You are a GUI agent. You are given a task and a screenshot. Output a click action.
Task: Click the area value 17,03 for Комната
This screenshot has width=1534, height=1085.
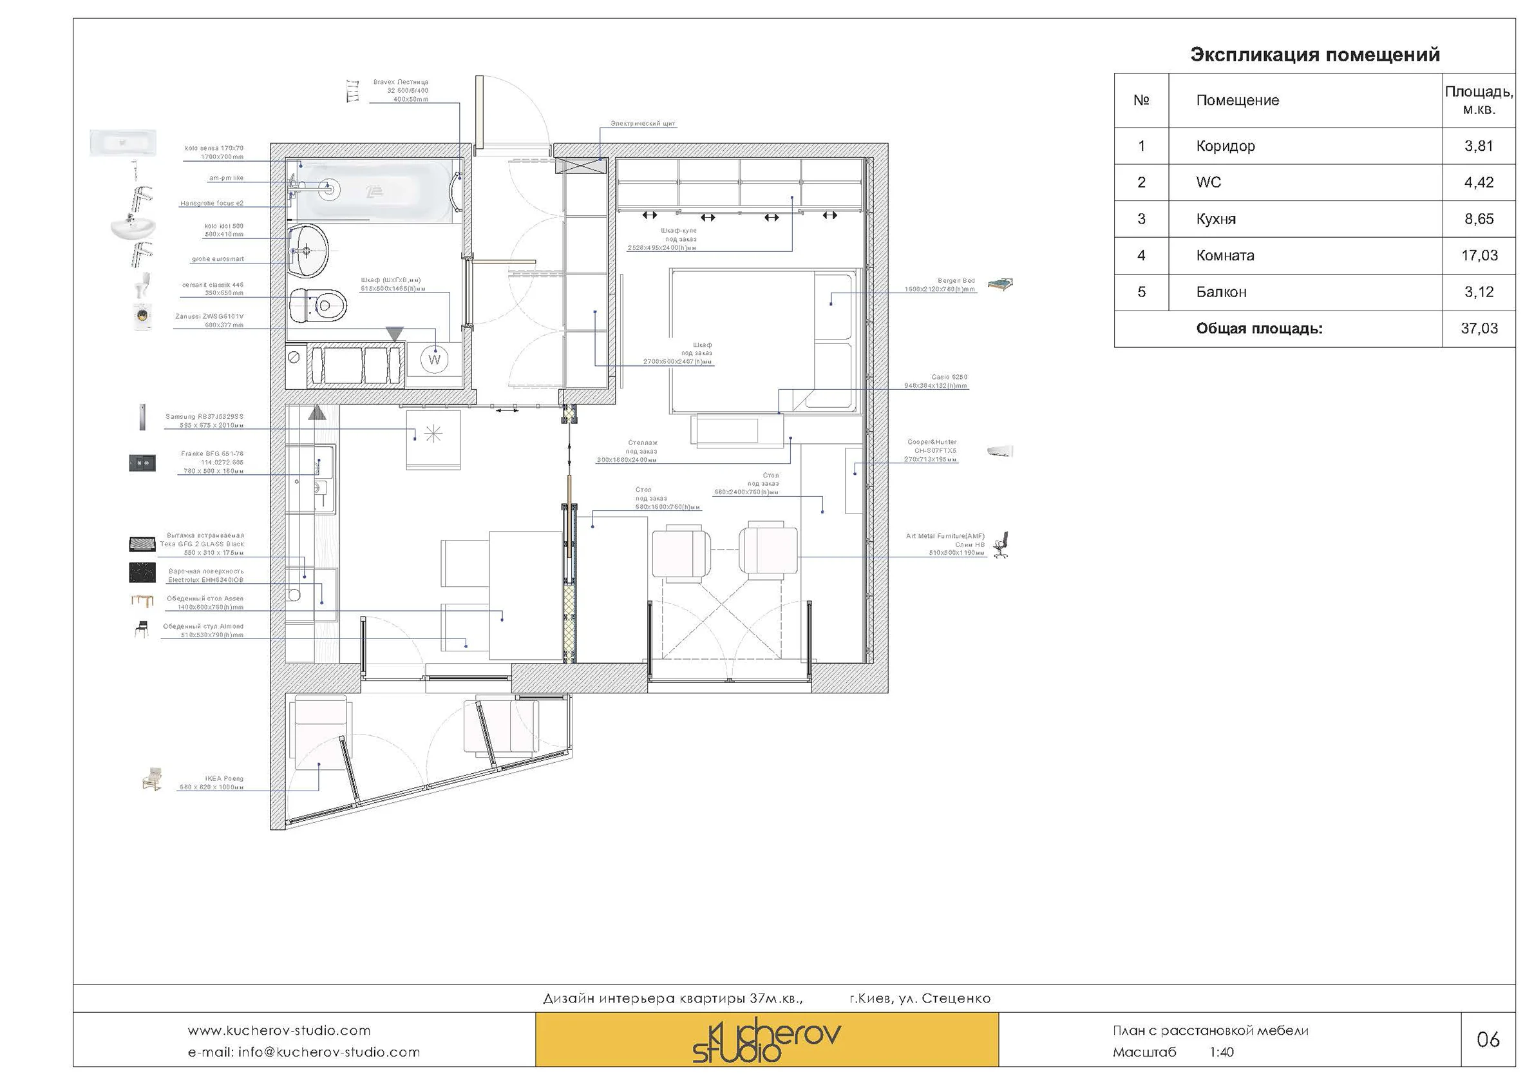[x=1479, y=255]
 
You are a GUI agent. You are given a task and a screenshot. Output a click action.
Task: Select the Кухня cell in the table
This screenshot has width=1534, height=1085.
[x=1215, y=219]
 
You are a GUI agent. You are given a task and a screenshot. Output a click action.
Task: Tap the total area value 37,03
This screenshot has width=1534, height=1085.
[x=1479, y=328]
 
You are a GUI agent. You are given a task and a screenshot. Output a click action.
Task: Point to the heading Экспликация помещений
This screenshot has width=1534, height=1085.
[x=1314, y=54]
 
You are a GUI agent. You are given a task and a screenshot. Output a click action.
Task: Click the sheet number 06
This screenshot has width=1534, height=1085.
[x=1487, y=1039]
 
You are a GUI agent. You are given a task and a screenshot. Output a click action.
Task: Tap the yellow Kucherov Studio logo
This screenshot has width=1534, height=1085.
[x=766, y=1039]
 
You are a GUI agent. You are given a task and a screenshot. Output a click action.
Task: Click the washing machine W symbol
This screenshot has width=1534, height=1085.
[x=434, y=359]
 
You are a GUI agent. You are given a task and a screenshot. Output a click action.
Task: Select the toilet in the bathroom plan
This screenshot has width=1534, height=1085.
[x=319, y=305]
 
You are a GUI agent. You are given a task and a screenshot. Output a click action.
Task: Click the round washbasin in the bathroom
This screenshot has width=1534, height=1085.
[x=308, y=251]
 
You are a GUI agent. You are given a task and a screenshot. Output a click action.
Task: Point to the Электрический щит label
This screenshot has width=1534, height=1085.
[x=642, y=124]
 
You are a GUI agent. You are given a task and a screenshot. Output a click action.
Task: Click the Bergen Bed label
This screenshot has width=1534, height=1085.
[x=956, y=281]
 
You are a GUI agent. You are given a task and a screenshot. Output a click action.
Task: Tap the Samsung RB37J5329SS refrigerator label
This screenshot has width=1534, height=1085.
[x=204, y=416]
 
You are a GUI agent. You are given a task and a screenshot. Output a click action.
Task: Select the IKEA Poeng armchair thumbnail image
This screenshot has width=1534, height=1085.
[x=153, y=780]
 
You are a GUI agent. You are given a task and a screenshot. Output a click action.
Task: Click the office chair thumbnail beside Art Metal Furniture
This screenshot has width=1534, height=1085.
[x=1001, y=545]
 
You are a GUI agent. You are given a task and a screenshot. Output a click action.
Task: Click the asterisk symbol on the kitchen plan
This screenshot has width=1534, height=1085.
[x=433, y=434]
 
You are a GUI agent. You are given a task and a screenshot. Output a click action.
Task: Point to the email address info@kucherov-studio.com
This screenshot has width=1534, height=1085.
[x=304, y=1052]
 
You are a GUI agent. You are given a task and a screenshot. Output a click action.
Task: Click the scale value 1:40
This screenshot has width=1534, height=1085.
[x=1220, y=1052]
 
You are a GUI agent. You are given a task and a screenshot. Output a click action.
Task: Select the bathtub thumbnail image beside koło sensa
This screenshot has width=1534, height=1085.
[x=123, y=142]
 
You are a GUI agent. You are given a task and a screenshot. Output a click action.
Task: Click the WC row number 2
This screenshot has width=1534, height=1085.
[x=1141, y=182]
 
